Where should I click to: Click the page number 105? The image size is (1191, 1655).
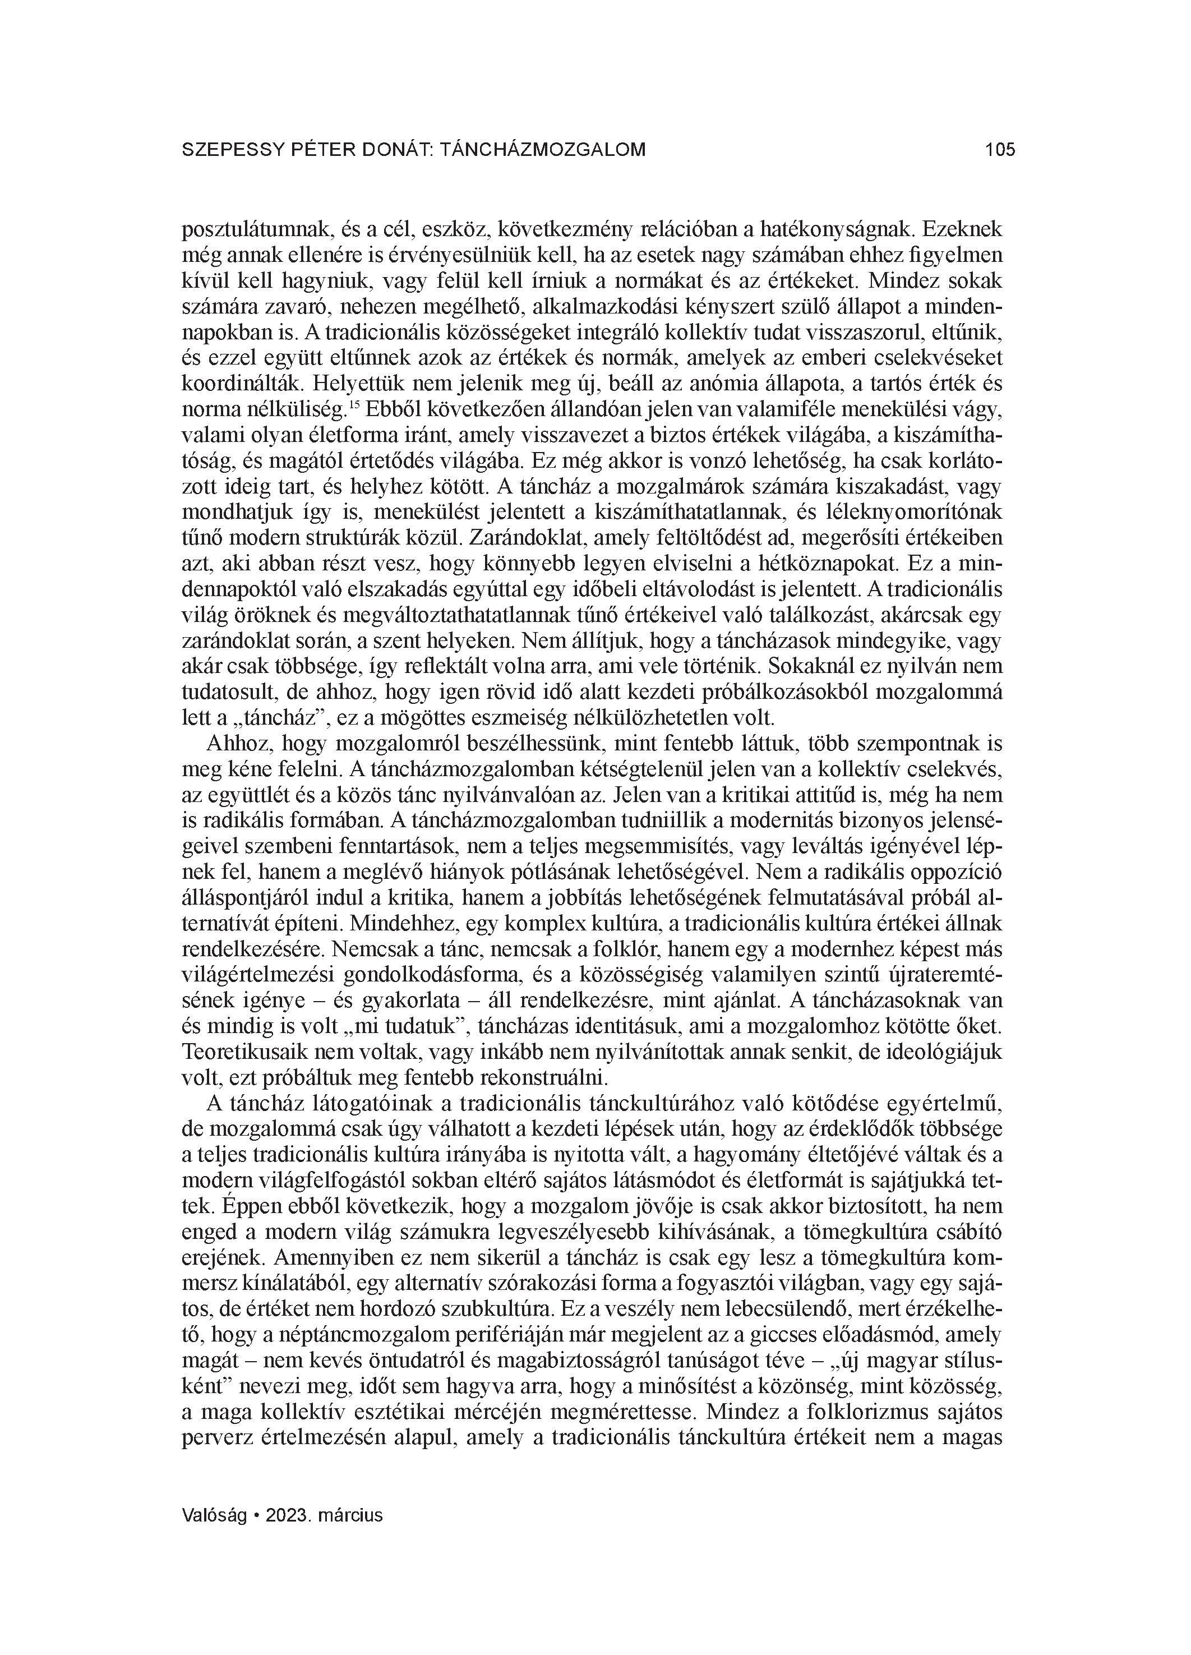tap(999, 150)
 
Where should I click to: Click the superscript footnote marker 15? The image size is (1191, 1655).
tap(355, 404)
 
